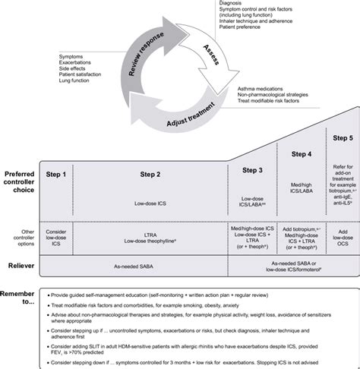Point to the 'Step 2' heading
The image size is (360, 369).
click(x=152, y=175)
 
